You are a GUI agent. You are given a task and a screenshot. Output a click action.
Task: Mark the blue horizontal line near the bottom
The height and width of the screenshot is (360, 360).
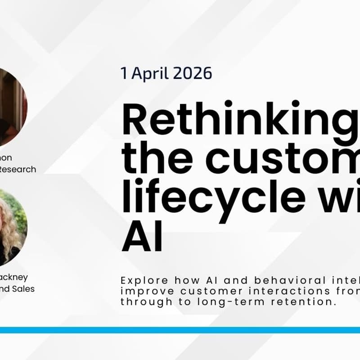[180, 330]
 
